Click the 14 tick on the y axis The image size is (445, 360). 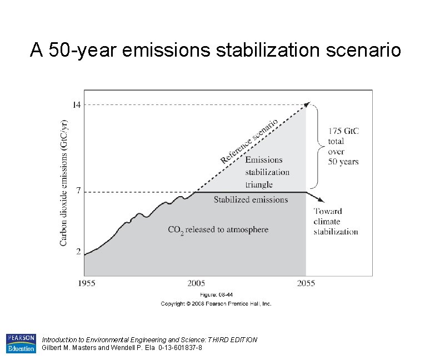coord(77,104)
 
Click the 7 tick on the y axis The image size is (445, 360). coord(78,191)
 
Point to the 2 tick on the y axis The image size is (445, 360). coord(78,251)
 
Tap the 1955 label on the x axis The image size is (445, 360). coord(86,283)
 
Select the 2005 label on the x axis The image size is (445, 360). coord(196,283)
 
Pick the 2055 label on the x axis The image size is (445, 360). coord(306,283)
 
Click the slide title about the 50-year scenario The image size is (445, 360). coord(215,51)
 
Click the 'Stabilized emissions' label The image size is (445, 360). coord(251,199)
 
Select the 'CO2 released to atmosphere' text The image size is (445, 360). coord(218,229)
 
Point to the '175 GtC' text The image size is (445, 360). coord(343,131)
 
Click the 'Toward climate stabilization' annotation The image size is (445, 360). coord(336,221)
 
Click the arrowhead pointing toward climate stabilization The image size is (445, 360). coord(321,200)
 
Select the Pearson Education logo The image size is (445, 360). coord(21,343)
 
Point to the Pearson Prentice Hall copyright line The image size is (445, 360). coord(216,304)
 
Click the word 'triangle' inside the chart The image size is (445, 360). coord(259,184)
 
